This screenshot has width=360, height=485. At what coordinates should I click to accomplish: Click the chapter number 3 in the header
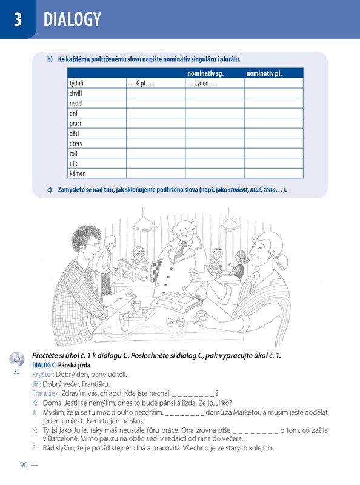18,19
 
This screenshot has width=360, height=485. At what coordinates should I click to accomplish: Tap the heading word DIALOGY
72,19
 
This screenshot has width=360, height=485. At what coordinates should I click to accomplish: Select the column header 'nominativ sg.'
205,73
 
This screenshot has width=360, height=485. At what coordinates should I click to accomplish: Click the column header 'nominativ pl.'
264,73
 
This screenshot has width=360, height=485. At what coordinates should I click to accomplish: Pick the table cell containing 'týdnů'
97,83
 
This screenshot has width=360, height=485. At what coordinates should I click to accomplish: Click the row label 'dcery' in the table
76,144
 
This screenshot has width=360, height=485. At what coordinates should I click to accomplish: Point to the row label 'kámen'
78,173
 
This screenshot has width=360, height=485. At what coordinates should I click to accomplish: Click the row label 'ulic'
73,163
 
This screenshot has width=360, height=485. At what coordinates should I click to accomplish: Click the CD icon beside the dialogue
17,359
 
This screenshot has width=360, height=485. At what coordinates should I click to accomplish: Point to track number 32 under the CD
17,372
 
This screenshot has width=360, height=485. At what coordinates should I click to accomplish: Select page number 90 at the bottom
24,464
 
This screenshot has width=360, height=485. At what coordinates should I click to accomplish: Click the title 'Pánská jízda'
74,365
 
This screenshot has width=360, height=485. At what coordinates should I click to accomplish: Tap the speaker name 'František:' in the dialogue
46,393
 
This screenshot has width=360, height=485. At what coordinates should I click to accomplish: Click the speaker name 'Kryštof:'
43,375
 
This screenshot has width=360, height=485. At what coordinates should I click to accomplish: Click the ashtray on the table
175,323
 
